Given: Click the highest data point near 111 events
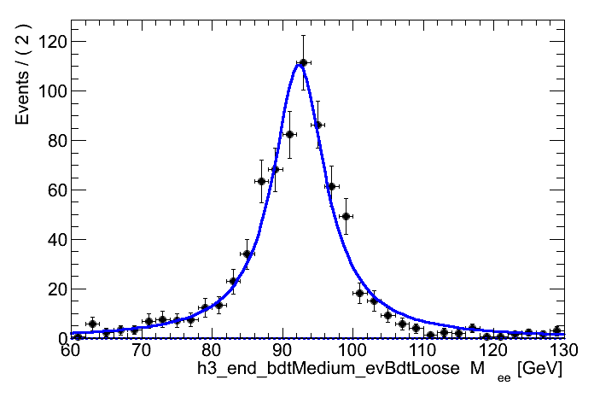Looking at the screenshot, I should point(303,62).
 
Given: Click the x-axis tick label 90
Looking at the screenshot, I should point(282,350).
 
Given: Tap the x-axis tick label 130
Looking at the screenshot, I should point(562,350).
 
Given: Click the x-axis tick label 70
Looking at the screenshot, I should point(141,350).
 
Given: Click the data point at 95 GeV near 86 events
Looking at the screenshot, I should point(317,125).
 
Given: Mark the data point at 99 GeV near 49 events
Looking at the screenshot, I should point(346,216).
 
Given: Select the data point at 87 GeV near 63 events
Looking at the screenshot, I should point(261,181).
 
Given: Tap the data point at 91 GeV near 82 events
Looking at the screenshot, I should point(289,134).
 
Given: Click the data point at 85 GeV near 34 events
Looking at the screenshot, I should point(247,254).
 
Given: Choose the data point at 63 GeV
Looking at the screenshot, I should point(92,324).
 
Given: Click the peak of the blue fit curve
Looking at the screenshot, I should point(300,65).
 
